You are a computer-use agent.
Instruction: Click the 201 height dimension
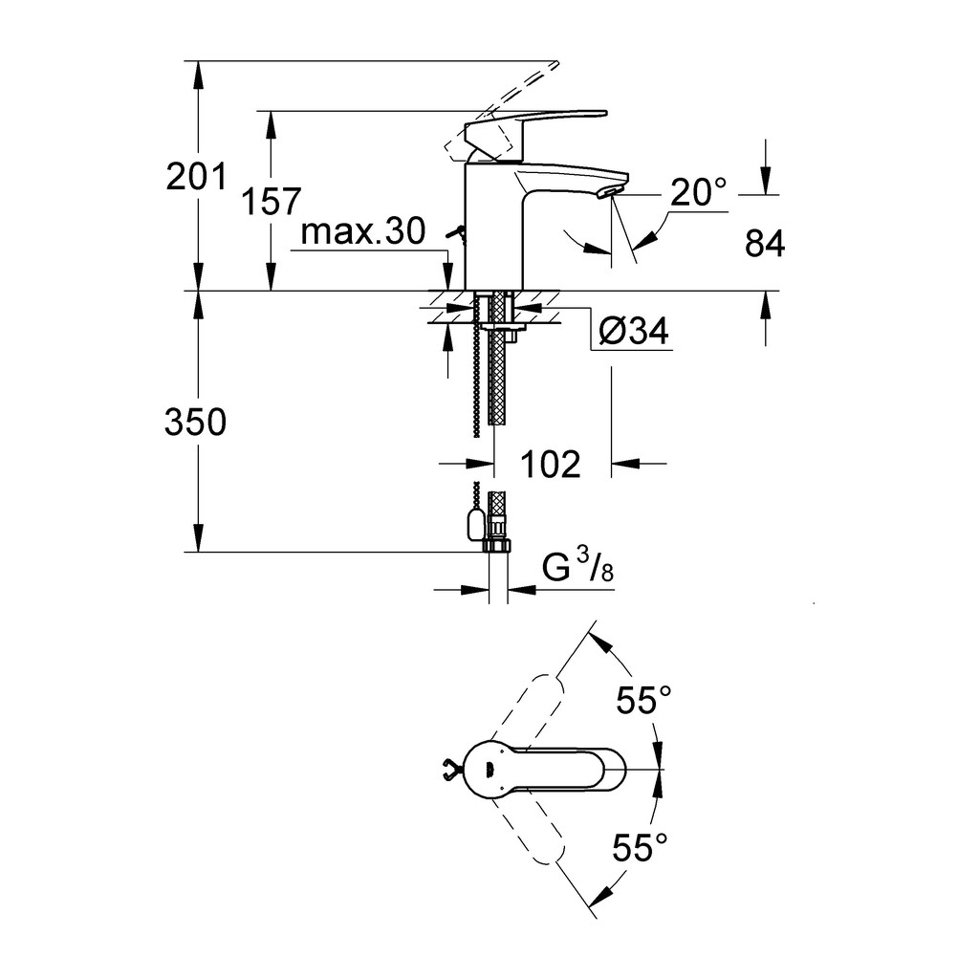197,177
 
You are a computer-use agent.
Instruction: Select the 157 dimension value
271,201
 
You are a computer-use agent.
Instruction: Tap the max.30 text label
362,231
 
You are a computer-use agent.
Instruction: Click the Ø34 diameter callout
633,331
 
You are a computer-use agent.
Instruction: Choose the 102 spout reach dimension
550,465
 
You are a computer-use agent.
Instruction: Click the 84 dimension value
765,244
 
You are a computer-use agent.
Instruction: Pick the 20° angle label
699,192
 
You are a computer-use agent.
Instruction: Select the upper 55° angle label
643,700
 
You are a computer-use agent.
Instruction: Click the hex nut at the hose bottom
497,546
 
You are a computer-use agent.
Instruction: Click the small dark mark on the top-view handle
489,770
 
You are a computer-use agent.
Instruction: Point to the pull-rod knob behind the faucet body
455,233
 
